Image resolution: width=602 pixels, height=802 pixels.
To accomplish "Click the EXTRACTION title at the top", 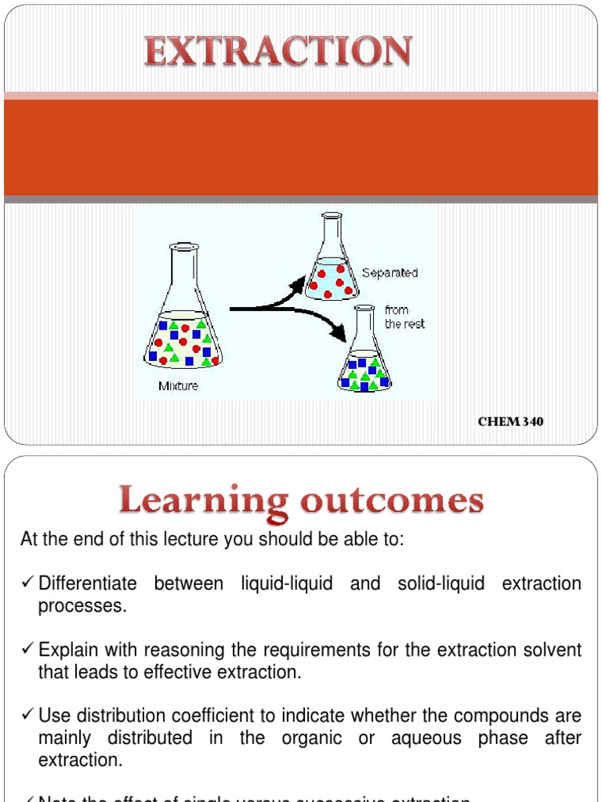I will tap(277, 52).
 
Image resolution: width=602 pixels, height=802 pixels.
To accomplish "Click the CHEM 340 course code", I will tap(510, 422).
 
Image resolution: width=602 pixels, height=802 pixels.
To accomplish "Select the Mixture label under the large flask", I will tap(178, 385).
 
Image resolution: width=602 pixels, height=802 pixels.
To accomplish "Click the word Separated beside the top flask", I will tap(390, 273).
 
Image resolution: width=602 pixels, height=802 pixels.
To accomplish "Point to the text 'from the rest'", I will tap(404, 317).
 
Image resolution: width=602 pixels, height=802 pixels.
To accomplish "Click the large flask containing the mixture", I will tap(183, 313).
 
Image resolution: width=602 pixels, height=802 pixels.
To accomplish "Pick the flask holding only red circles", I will tap(332, 262).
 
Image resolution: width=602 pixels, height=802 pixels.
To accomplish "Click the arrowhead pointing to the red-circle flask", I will tap(297, 284).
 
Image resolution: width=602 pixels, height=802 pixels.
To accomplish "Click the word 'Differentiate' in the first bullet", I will tap(87, 583).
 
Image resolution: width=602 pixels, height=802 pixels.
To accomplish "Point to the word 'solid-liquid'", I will tap(440, 583).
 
